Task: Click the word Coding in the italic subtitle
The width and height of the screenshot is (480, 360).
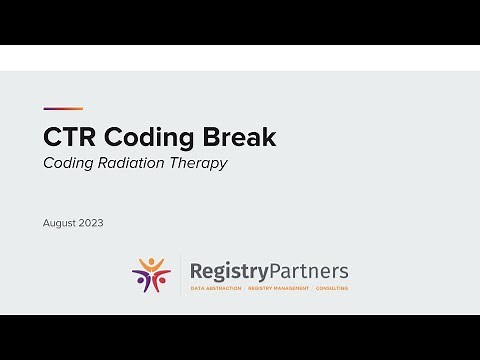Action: point(69,163)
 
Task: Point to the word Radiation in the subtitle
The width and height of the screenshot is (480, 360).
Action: point(134,163)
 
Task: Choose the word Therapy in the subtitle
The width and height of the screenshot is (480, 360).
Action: point(200,163)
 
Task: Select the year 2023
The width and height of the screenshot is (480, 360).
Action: point(91,222)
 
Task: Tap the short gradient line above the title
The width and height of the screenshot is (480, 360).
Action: point(63,109)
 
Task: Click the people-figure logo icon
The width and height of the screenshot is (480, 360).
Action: point(152,275)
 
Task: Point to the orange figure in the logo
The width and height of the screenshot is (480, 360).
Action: point(152,265)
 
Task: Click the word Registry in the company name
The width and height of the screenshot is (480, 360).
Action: point(229,271)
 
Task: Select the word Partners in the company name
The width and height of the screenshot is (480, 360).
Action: point(309,271)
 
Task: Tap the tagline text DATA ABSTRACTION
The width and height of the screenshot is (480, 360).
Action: point(216,288)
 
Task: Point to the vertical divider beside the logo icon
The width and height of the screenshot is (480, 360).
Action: point(180,275)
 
